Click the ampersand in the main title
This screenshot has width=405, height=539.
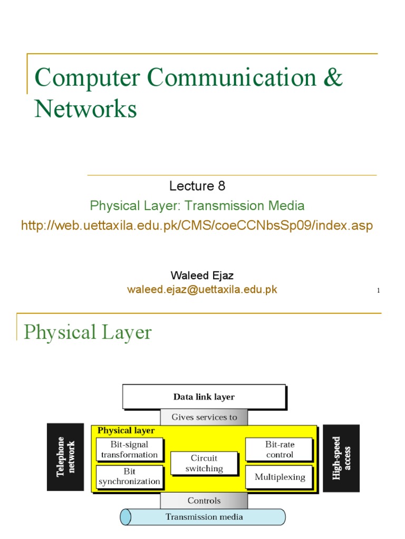click(333, 78)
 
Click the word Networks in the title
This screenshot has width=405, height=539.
click(86, 109)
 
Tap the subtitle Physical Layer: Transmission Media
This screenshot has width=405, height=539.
click(197, 206)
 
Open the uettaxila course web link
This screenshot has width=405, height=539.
click(197, 226)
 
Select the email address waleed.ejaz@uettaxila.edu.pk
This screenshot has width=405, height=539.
click(202, 290)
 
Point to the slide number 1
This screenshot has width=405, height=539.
click(379, 291)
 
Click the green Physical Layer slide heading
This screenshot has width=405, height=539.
click(88, 332)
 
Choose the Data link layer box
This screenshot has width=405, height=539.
click(204, 397)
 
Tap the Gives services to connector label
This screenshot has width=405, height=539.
click(204, 417)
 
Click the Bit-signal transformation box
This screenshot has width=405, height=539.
click(129, 450)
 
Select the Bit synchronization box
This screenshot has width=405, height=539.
click(129, 476)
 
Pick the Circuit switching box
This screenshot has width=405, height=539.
click(204, 463)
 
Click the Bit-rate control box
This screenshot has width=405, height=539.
click(279, 450)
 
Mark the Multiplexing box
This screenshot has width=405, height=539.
click(279, 477)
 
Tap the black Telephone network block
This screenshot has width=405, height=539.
click(65, 457)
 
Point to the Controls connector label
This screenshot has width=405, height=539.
click(204, 501)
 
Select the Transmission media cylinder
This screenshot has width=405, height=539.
click(204, 517)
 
